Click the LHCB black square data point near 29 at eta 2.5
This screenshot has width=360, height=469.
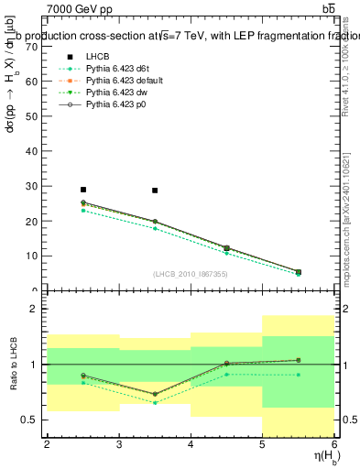[x=83, y=190]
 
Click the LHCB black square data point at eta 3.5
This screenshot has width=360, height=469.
[x=155, y=191]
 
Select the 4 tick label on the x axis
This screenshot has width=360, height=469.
[x=191, y=444]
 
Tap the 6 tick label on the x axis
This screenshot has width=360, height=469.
[x=334, y=444]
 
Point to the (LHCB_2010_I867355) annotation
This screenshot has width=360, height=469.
[x=190, y=274]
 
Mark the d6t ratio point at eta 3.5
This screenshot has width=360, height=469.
[x=155, y=402]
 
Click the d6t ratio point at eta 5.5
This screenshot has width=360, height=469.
[x=298, y=375]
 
